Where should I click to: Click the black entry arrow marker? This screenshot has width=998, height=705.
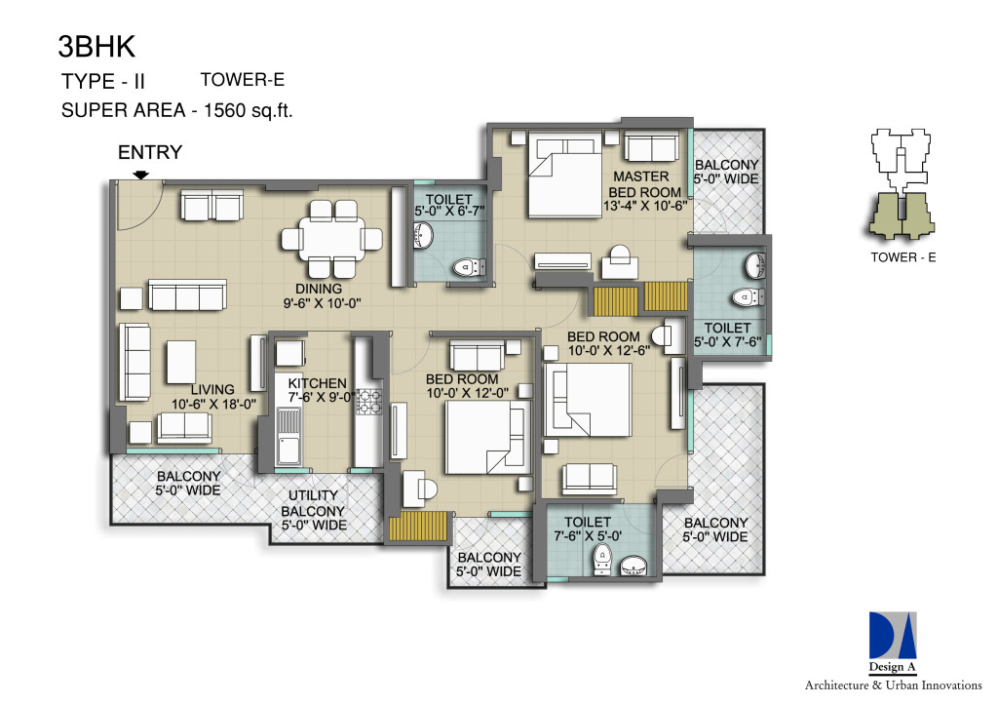pyautogui.click(x=141, y=175)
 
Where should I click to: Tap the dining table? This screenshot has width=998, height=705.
pyautogui.click(x=332, y=238)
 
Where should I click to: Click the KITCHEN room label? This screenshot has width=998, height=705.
pyautogui.click(x=317, y=383)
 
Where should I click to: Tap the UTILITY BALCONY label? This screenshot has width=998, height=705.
pyautogui.click(x=313, y=510)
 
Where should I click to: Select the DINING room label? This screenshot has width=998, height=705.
pyautogui.click(x=319, y=289)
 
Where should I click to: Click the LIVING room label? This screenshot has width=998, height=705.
pyautogui.click(x=212, y=389)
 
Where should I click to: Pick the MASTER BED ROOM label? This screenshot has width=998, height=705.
pyautogui.click(x=644, y=184)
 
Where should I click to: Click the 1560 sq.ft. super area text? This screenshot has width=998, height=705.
pyautogui.click(x=249, y=110)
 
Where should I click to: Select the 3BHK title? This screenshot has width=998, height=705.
pyautogui.click(x=96, y=47)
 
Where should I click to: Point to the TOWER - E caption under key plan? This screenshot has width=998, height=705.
pyautogui.click(x=903, y=257)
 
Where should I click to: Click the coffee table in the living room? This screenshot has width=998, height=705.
pyautogui.click(x=180, y=362)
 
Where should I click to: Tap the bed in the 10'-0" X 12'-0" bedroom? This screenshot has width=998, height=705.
pyautogui.click(x=488, y=437)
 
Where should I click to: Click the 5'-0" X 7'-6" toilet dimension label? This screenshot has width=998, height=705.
pyautogui.click(x=727, y=342)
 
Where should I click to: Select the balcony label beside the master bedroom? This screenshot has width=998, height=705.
pyautogui.click(x=726, y=172)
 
